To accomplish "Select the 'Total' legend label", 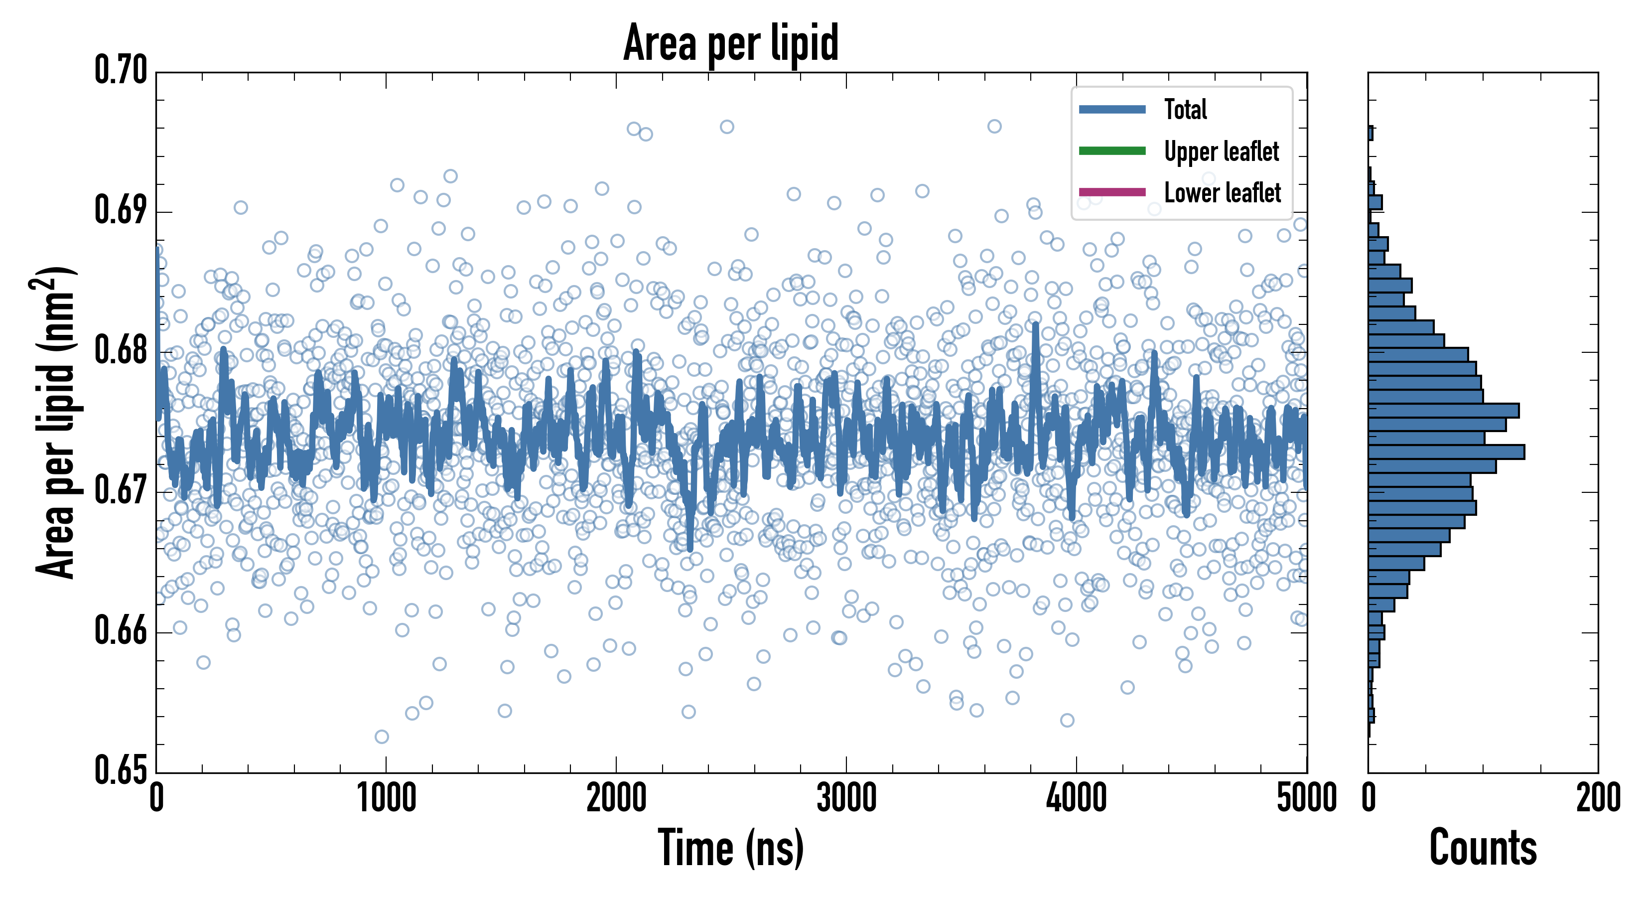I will pyautogui.click(x=1185, y=109).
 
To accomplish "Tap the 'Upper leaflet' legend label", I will pyautogui.click(x=1221, y=151).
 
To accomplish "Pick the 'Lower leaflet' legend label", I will pyautogui.click(x=1222, y=192).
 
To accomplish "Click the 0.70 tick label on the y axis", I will pyautogui.click(x=121, y=70).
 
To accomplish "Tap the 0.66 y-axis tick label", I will pyautogui.click(x=121, y=631).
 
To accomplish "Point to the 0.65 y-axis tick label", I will pyautogui.click(x=121, y=770).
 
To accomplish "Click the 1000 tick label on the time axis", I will pyautogui.click(x=386, y=798).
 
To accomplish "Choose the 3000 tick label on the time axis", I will pyautogui.click(x=846, y=798).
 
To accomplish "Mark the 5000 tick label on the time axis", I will pyautogui.click(x=1306, y=798).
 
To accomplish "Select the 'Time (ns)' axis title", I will pyautogui.click(x=731, y=848).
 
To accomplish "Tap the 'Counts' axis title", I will pyautogui.click(x=1483, y=848).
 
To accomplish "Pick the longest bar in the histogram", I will pyautogui.click(x=1446, y=452).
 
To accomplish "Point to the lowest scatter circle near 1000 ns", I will pyautogui.click(x=382, y=737).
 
